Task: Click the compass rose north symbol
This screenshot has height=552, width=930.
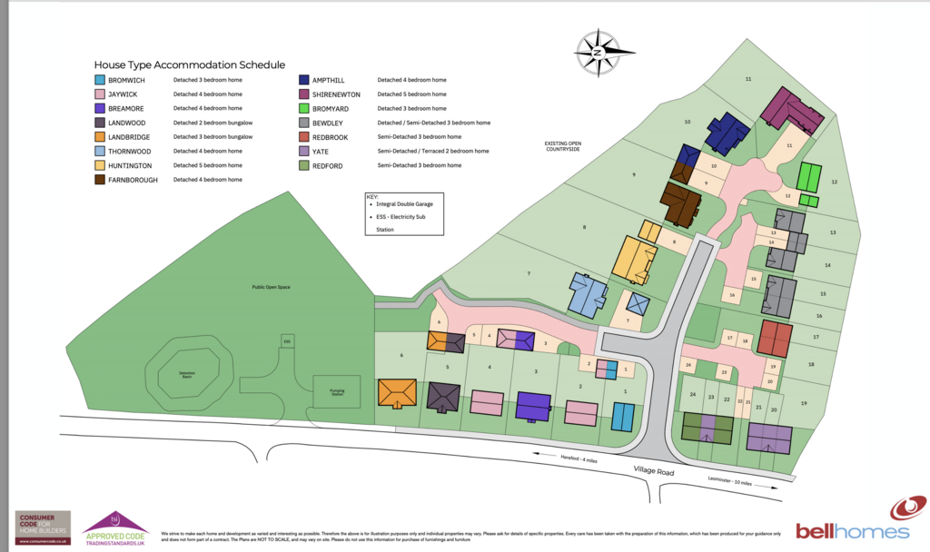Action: point(598,53)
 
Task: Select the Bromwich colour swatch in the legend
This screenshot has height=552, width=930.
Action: point(100,80)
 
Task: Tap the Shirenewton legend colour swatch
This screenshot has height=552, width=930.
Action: point(303,94)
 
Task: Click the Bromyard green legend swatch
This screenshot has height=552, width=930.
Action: point(303,108)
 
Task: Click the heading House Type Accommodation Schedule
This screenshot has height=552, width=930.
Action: point(190,65)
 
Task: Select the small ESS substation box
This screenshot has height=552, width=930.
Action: point(287,341)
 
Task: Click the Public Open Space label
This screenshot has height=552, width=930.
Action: point(271,287)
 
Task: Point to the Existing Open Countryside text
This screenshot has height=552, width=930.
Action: point(561,145)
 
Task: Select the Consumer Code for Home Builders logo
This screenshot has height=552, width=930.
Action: point(44,527)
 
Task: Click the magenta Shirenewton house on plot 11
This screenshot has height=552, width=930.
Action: point(791,113)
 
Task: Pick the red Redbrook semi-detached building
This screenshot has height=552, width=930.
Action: point(775,338)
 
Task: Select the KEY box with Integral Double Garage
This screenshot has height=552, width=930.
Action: point(402,214)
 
